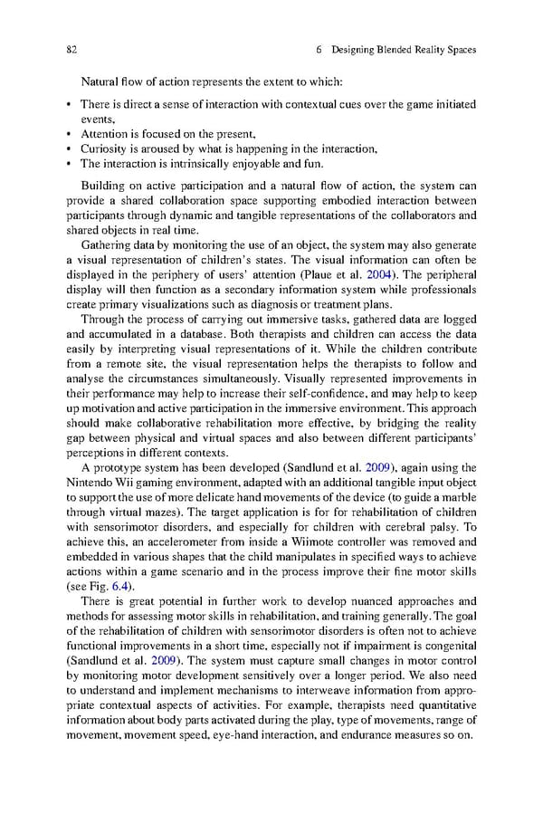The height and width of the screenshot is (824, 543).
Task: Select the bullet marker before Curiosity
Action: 70,149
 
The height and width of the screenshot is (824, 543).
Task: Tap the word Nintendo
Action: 91,482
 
